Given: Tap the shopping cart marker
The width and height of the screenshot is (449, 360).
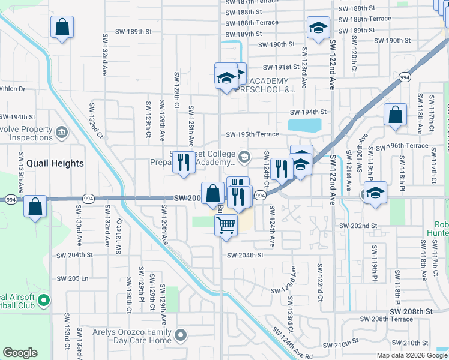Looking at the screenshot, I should [x=226, y=226].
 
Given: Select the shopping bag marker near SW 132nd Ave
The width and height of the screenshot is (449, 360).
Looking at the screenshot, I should [x=61, y=27].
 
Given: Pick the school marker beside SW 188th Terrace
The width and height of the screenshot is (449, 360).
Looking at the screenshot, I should [x=318, y=27].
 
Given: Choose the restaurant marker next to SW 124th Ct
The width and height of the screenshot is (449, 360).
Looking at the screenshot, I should [x=281, y=168].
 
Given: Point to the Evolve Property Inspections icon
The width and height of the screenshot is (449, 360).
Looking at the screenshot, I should [x=61, y=132].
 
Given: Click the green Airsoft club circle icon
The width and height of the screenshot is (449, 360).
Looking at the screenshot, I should [x=44, y=299].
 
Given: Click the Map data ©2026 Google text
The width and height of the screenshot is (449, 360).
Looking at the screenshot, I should [x=411, y=355].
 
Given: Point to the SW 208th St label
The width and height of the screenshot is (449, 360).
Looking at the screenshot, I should [x=411, y=312].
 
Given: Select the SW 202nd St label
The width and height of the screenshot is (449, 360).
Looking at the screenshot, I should [x=358, y=225].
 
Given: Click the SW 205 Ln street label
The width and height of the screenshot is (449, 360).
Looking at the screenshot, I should [x=72, y=278].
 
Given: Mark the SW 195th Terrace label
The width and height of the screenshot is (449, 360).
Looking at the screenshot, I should [x=252, y=134].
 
